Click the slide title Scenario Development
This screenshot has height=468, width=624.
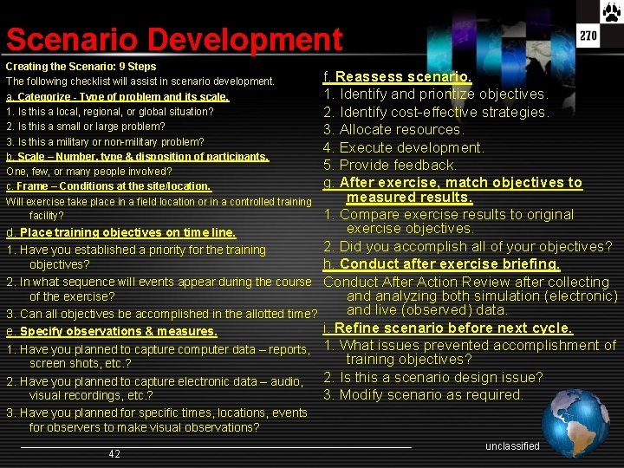coord(174,40)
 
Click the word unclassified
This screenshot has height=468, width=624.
coord(512,446)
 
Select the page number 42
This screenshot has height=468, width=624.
coord(114,454)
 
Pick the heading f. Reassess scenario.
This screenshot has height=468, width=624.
coord(398,77)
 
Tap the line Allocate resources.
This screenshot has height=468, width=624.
coord(393,130)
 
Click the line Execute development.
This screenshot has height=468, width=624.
coord(404,147)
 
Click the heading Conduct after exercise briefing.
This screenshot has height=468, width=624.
coord(441,264)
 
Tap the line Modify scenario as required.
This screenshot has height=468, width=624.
coord(424,395)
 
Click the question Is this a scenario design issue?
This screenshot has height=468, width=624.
coord(433,377)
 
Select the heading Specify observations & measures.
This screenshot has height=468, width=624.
coord(112,331)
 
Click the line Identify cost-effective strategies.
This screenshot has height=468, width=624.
coord(437,113)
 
